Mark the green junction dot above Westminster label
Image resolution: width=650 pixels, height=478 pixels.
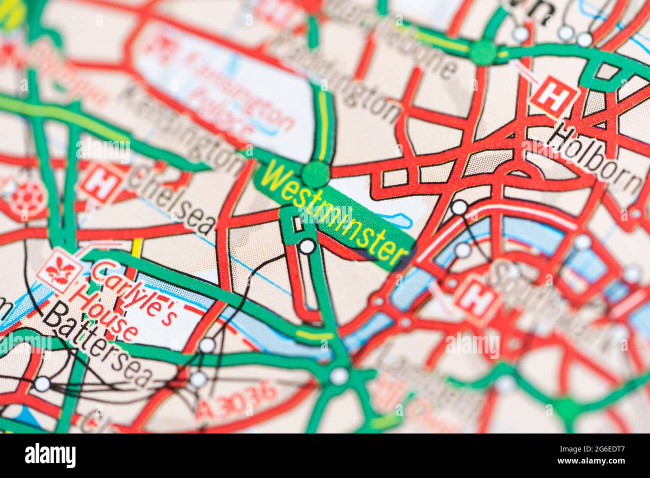pos(315,174)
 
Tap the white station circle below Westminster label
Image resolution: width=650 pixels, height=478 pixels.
pos(307,246)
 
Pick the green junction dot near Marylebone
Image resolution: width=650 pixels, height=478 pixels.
pos(483,52)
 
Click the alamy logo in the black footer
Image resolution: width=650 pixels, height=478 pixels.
pos(50,455)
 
